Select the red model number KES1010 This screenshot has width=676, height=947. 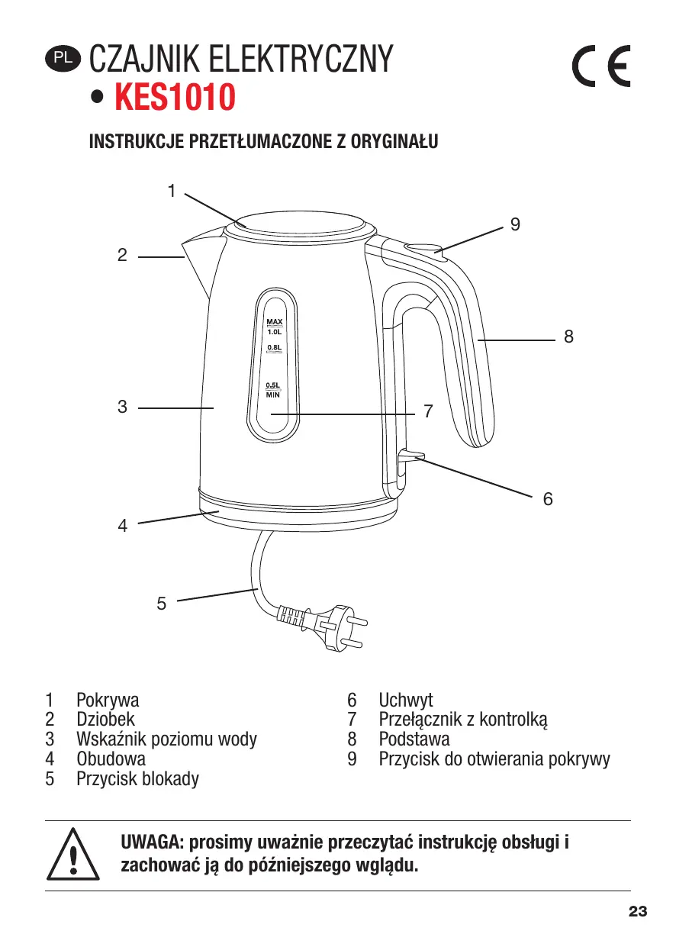point(173,98)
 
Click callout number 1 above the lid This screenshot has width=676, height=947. point(172,190)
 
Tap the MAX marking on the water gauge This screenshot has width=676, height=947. point(275,321)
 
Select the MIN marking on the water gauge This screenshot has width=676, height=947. point(273,395)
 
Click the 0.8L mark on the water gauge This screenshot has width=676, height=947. point(275,348)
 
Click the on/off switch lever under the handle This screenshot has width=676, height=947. point(410,456)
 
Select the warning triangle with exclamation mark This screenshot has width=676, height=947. point(74,854)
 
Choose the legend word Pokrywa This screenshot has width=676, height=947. point(108,699)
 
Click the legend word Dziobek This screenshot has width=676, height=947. point(105,719)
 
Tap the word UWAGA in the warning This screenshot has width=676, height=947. point(150,843)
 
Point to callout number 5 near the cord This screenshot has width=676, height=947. point(161,604)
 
